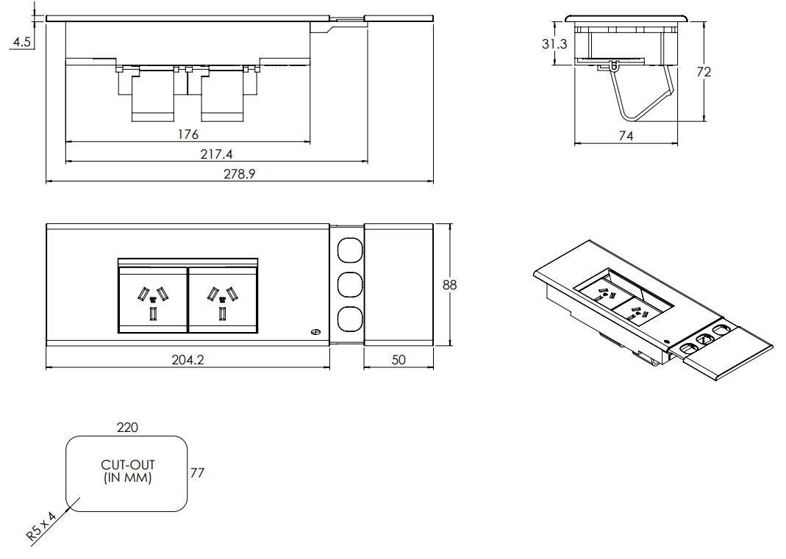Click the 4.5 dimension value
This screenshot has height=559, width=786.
click(21, 43)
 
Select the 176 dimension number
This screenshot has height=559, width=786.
click(188, 134)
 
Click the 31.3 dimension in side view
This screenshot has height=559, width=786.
click(554, 44)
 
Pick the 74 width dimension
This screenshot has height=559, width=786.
click(626, 135)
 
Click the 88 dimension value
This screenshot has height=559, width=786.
click(449, 285)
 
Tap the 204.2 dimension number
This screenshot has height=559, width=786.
click(187, 360)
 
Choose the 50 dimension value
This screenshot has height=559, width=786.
click(398, 360)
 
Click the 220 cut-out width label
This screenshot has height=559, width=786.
click(127, 427)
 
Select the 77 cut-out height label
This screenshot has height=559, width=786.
click(197, 473)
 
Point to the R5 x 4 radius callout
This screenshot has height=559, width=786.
click(41, 526)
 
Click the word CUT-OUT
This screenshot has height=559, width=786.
click(128, 465)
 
